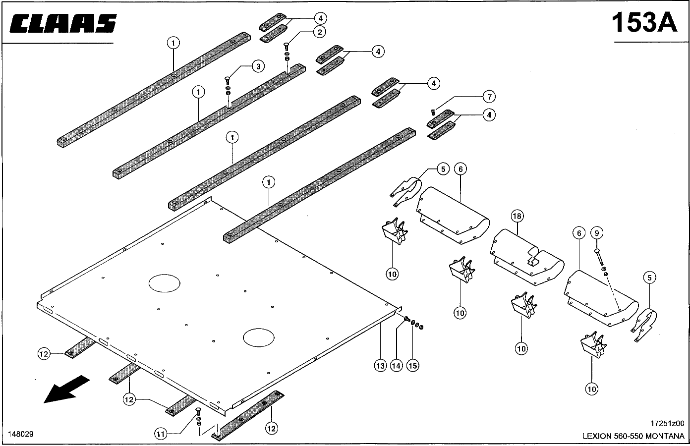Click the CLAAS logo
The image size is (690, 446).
coord(63,23)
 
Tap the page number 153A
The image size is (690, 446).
coord(644,22)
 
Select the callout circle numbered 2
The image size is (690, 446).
coord(319,32)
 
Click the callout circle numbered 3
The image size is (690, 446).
coord(257,66)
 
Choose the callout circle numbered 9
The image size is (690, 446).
coord(596,232)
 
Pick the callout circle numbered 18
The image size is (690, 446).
coord(517,216)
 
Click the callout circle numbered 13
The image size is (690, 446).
coord(380,366)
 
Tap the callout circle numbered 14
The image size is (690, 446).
coord(396,366)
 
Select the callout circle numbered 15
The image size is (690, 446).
coord(412,366)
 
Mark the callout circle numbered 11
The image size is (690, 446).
coord(160,434)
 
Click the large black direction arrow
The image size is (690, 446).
coord(66,389)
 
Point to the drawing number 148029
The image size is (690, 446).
coord(21,434)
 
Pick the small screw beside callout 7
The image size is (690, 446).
coord(433,111)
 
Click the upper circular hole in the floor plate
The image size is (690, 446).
coord(165,283)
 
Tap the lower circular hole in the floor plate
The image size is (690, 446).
coord(259,338)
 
